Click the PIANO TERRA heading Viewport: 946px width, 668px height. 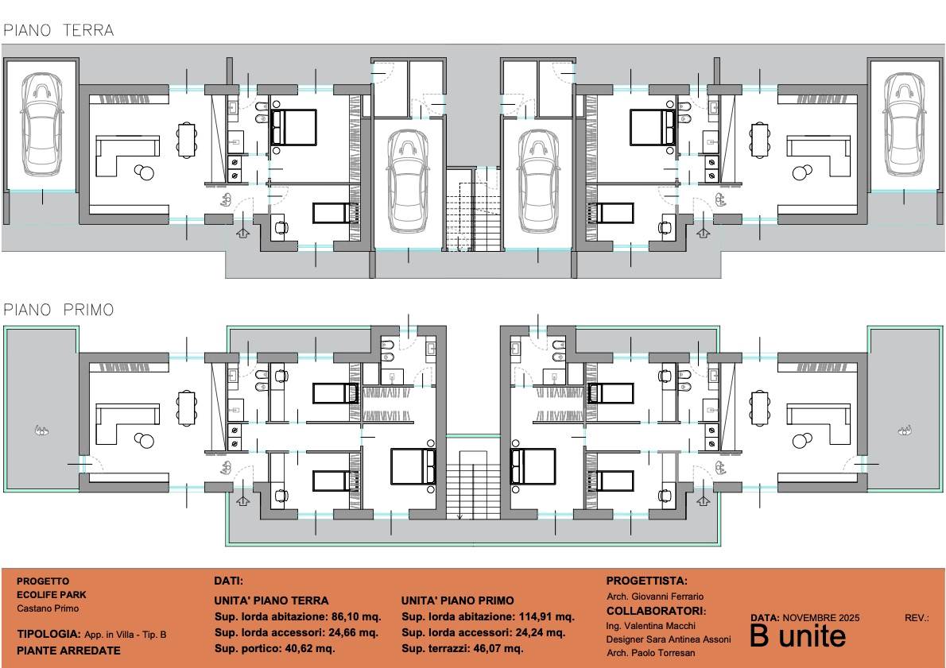click(59, 30)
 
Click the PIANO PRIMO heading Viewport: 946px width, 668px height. click(59, 310)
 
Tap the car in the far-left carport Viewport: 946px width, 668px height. click(41, 124)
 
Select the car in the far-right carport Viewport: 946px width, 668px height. click(904, 124)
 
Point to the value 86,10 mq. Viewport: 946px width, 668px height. click(356, 616)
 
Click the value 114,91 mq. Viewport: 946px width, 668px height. click(547, 616)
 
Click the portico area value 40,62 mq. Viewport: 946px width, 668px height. click(308, 649)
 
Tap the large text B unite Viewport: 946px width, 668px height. click(797, 635)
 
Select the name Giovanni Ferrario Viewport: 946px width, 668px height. click(667, 597)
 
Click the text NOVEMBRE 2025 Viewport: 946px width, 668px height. click(821, 617)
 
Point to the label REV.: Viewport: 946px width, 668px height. click(917, 617)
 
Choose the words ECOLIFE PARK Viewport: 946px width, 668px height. click(52, 594)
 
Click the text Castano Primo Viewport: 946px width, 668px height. click(48, 608)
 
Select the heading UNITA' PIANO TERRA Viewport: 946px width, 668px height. click(272, 600)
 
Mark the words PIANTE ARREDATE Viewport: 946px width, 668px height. click(69, 651)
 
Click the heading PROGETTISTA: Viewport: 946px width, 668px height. click(647, 581)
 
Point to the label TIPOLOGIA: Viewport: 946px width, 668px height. click(48, 634)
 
